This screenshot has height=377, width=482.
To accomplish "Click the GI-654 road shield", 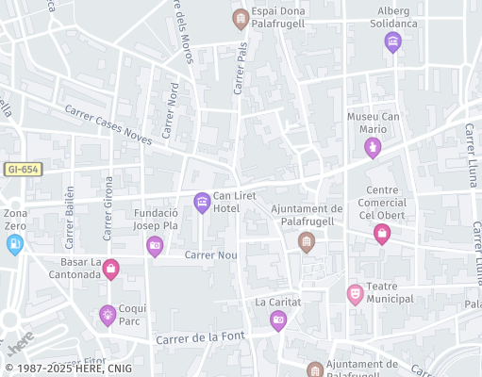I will (x=23, y=169).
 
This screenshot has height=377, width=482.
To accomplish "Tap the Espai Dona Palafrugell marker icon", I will (x=241, y=18).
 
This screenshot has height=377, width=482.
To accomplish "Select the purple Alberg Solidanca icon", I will (x=393, y=41).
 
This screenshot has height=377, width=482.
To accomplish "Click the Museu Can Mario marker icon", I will (x=374, y=148).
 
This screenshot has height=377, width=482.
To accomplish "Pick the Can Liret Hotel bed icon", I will (x=202, y=202).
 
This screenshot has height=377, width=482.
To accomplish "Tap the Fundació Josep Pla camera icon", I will (x=155, y=247).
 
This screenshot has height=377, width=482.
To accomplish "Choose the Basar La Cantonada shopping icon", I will (x=111, y=270).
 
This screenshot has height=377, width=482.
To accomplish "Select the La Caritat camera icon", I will (x=278, y=320).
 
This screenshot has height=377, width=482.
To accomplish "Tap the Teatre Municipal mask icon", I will (x=355, y=295).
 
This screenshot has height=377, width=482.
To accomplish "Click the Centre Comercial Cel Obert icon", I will (x=382, y=234).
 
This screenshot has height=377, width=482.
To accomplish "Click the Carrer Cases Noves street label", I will (x=108, y=124).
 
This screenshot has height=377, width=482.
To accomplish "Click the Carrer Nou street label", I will (x=210, y=254).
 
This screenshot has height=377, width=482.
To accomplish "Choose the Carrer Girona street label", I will (x=108, y=207).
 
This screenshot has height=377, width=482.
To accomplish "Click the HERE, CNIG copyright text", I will (x=68, y=369).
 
